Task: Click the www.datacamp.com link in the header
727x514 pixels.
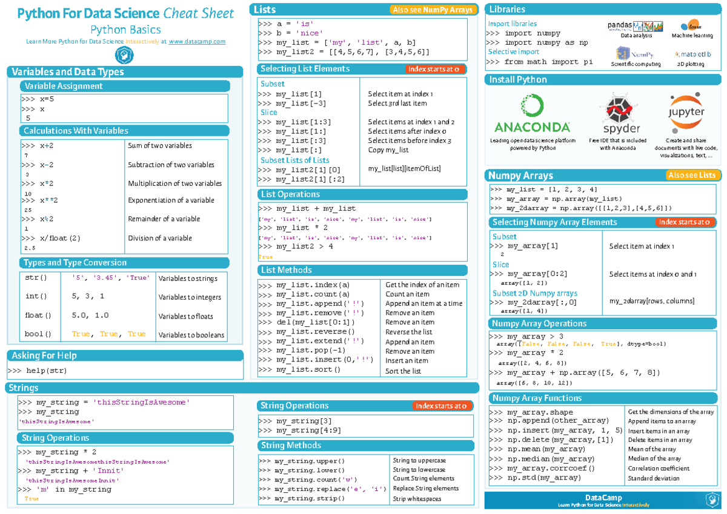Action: pos(197,41)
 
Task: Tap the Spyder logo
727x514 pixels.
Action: pos(622,114)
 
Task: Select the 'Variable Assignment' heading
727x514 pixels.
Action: pos(62,86)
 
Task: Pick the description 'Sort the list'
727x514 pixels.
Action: pos(403,371)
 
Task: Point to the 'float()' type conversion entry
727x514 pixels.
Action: pos(38,315)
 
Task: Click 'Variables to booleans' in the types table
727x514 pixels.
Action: pos(191,335)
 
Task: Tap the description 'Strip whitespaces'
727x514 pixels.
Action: pos(417,499)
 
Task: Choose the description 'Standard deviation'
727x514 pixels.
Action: pos(654,478)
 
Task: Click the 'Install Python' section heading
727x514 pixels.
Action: pos(518,80)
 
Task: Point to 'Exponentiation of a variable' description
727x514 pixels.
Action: pos(171,200)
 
